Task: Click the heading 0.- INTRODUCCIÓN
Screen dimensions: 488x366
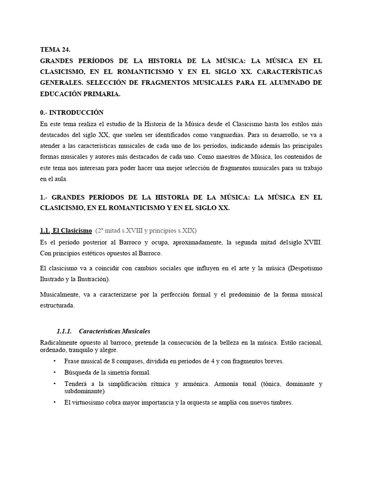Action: [72, 112]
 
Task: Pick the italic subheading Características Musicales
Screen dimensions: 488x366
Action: [115, 331]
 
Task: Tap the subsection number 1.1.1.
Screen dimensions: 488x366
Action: [64, 331]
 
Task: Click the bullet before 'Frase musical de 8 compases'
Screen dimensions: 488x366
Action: [55, 361]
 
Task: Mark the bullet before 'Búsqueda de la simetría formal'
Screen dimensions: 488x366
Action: [55, 372]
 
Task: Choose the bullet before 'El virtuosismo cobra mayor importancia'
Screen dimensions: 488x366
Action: [55, 402]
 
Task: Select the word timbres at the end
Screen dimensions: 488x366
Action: [281, 403]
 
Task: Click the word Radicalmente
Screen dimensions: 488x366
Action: [61, 342]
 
